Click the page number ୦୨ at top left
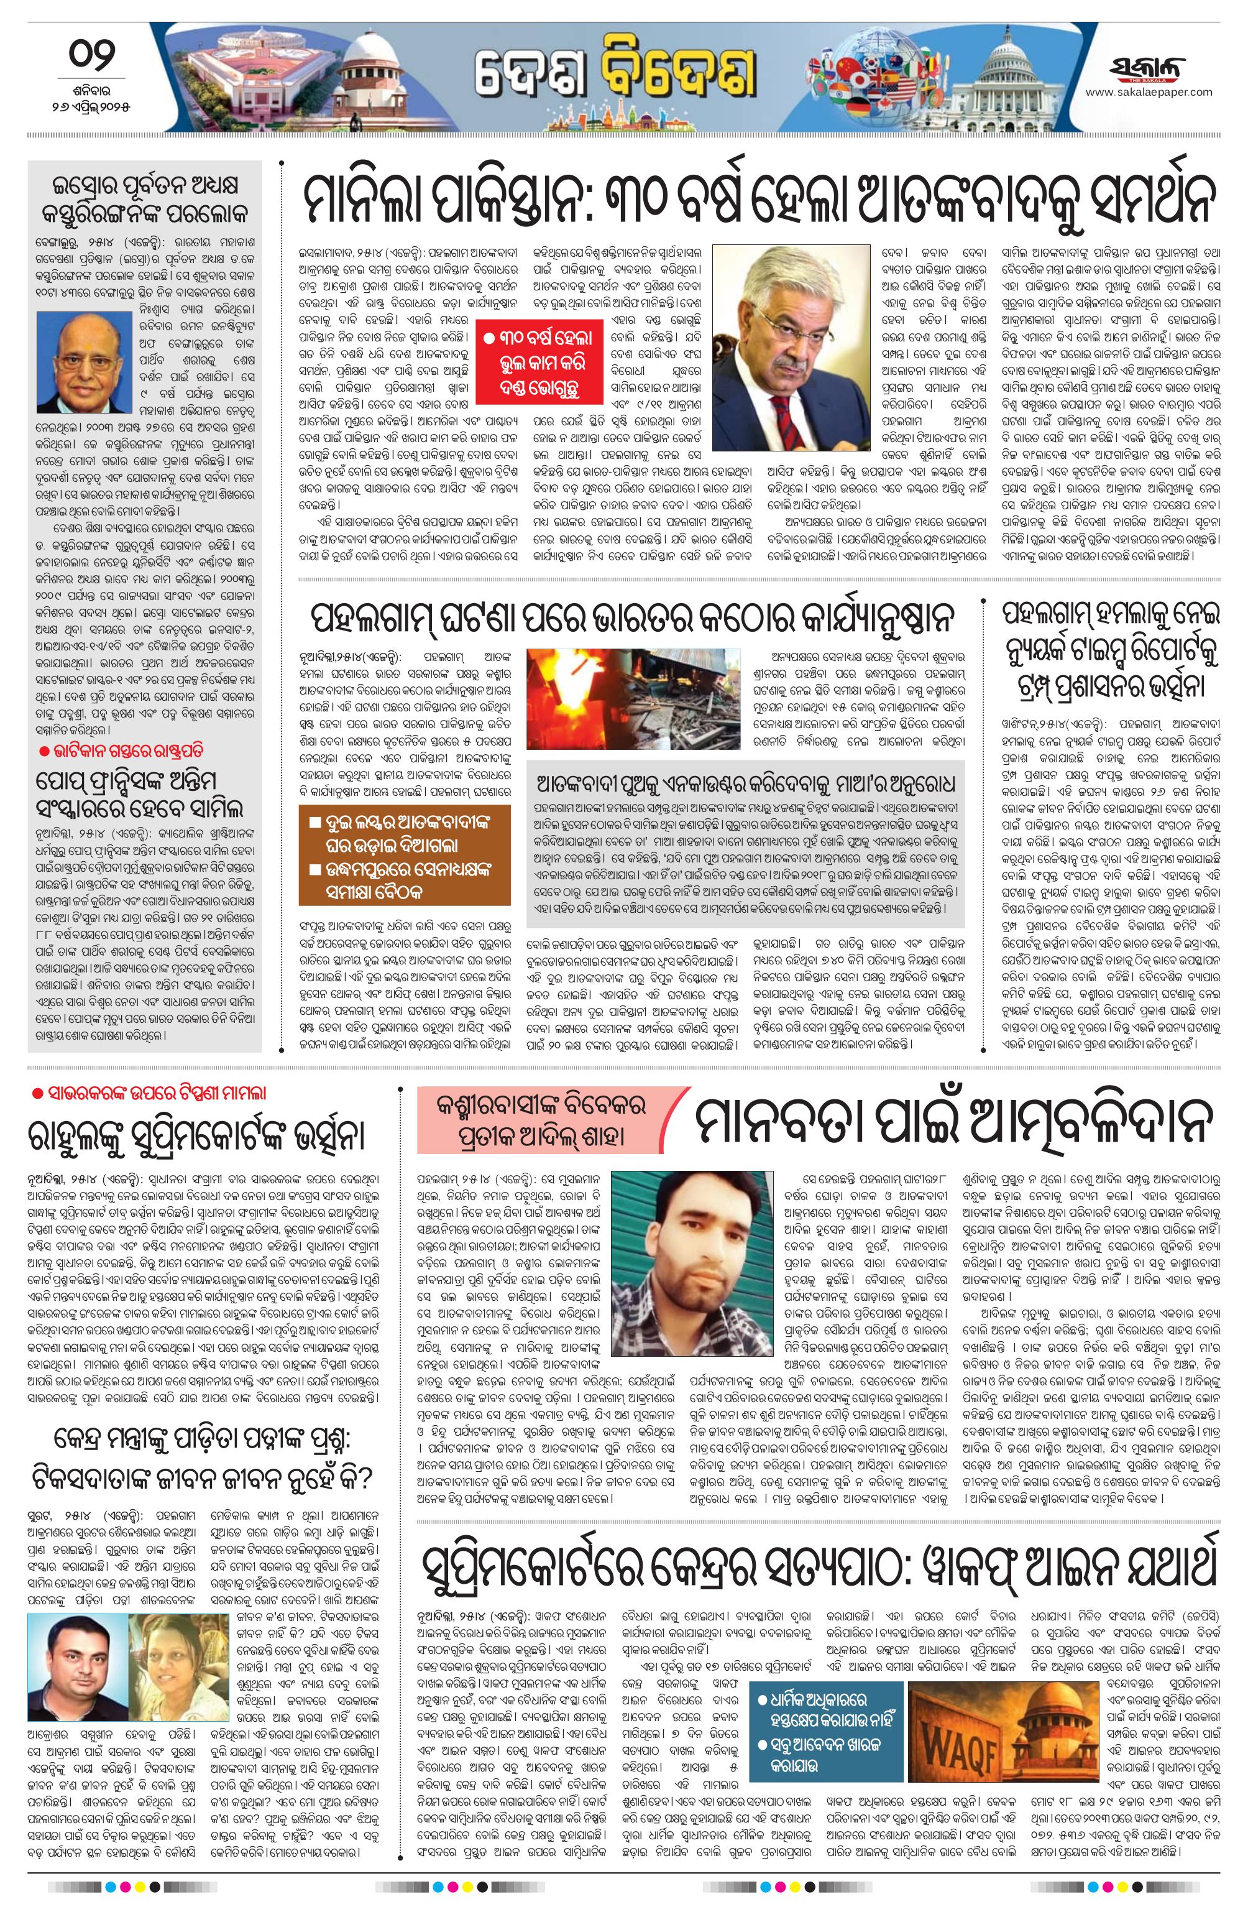point(89,58)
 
